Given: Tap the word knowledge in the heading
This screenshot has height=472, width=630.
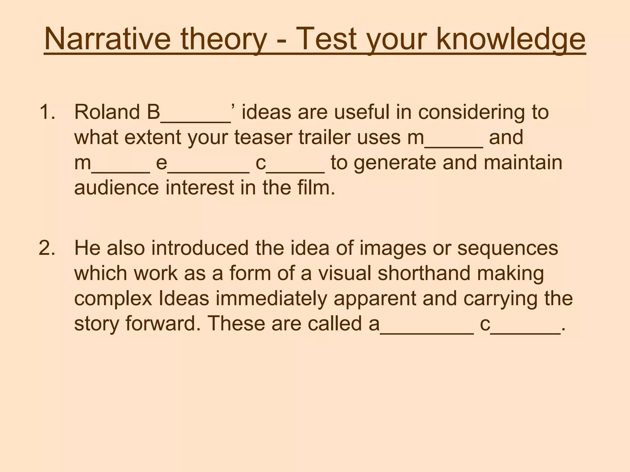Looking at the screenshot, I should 511,40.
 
